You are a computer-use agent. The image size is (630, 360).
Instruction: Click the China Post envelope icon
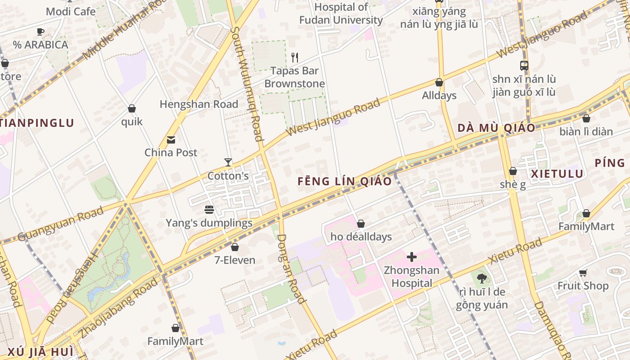[x=171, y=140]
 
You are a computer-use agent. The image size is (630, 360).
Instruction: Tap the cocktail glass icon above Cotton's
[x=228, y=162]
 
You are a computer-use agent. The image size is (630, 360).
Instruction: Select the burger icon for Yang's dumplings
[x=209, y=210]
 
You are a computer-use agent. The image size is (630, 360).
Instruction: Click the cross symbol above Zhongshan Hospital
[x=411, y=257]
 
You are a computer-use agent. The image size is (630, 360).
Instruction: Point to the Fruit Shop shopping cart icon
[x=583, y=273]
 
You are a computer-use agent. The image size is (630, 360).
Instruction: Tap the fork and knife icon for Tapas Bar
[x=295, y=58]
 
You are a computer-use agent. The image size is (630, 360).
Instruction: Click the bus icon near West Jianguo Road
[x=524, y=66]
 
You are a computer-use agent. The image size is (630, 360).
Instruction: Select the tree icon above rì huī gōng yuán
[x=481, y=279]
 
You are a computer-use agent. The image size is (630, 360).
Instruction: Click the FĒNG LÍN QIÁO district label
[x=345, y=181]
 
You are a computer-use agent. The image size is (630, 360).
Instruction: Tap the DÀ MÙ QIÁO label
[x=496, y=128]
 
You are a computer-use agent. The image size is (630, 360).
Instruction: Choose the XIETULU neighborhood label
[x=557, y=174]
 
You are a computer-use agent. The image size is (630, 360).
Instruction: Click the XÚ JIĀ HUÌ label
[x=35, y=351]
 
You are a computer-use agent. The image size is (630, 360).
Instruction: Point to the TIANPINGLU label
[x=37, y=123]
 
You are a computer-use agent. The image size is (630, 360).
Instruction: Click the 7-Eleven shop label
[x=234, y=260]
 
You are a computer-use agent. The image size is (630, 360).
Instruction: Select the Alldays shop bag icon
[x=439, y=83]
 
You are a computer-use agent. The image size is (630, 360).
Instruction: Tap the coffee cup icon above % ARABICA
[x=40, y=31]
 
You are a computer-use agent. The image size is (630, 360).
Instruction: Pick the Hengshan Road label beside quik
[x=199, y=104]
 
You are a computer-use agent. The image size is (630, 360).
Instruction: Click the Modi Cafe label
[x=71, y=11]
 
